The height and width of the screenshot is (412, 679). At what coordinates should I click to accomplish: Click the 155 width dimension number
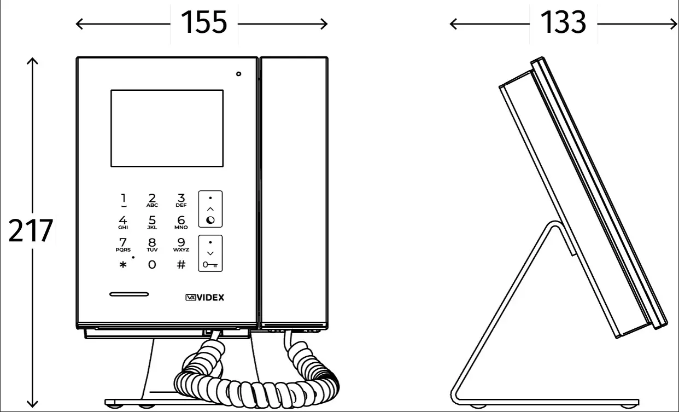204,22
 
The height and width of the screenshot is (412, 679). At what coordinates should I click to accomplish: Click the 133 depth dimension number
563,22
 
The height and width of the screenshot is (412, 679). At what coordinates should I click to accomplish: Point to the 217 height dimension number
31,230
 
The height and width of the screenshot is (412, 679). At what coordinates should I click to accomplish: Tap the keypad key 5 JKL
152,222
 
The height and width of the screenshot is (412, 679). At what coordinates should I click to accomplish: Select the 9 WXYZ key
181,245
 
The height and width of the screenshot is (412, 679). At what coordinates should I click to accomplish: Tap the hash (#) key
181,265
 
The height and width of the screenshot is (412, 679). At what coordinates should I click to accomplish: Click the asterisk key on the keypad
123,265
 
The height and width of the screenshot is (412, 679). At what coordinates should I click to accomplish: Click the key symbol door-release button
210,253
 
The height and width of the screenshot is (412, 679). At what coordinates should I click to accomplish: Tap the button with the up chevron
210,209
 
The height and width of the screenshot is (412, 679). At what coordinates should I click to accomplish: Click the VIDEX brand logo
205,298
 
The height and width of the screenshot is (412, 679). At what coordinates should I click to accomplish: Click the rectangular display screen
167,129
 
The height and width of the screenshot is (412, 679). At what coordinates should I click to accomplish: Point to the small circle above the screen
238,74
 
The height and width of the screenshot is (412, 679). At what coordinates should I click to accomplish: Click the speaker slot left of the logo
129,294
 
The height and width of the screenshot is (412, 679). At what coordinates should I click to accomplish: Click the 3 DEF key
181,200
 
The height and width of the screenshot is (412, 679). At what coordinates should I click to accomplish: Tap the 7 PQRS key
123,245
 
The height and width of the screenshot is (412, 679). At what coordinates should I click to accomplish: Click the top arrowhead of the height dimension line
32,59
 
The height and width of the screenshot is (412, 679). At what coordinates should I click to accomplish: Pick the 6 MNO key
181,222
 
